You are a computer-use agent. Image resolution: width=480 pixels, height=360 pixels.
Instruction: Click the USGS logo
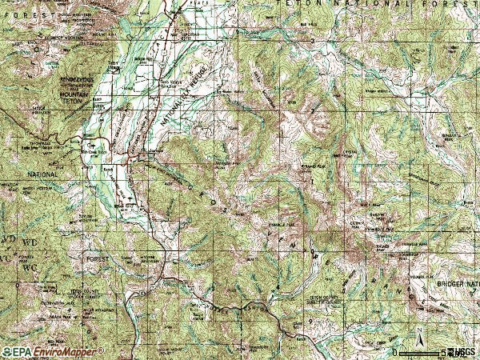pyautogui.click(x=462, y=352)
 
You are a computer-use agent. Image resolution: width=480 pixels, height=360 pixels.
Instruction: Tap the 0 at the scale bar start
pyautogui.click(x=394, y=352)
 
